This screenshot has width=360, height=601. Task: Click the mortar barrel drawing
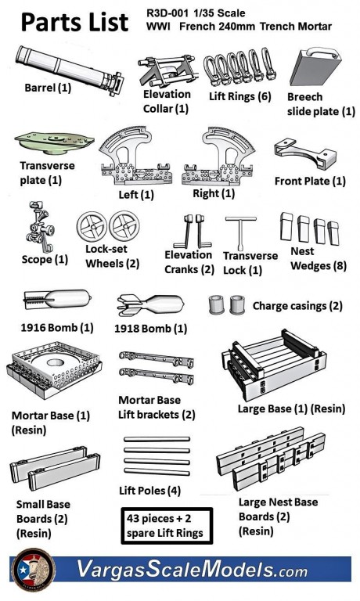point(69,70)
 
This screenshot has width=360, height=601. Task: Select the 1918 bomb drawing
point(150,304)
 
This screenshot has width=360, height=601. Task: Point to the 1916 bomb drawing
point(57,299)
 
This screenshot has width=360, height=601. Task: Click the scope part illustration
point(40,227)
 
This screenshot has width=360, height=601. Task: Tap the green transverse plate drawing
point(55,142)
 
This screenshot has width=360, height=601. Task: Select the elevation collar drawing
point(167,71)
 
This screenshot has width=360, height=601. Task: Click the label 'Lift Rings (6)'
point(240,95)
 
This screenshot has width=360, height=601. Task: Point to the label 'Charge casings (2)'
point(297,306)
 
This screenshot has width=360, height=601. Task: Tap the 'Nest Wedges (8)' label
point(319,259)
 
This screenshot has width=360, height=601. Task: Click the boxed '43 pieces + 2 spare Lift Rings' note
point(167,526)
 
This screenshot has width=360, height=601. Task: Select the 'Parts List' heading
point(74,22)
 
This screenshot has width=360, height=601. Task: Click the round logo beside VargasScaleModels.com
point(34,569)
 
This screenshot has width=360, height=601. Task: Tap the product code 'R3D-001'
point(167,13)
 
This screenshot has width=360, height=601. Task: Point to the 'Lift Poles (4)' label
point(150,491)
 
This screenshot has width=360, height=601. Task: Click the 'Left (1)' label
point(136,195)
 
